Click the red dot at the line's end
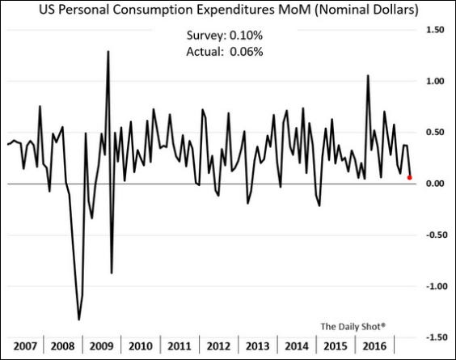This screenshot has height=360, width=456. (x=409, y=177)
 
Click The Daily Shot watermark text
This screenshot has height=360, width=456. (x=353, y=326)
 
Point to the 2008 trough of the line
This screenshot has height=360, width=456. (x=79, y=320)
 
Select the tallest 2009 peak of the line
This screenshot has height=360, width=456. (x=108, y=51)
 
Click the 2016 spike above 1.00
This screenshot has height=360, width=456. (x=368, y=75)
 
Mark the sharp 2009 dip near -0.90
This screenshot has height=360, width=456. (x=111, y=273)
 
